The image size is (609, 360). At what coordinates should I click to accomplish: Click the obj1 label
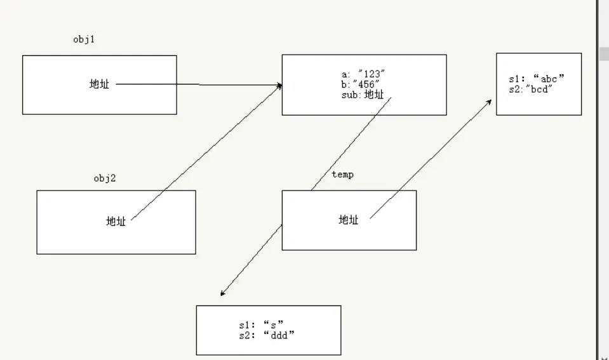84,39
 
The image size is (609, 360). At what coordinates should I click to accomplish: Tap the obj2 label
105,178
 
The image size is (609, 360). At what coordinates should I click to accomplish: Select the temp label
342,175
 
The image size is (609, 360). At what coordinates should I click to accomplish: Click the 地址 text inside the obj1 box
99,84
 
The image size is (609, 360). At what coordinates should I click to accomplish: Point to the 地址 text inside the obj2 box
116,222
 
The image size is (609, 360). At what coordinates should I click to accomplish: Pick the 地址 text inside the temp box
348,220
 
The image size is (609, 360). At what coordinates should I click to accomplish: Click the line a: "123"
363,74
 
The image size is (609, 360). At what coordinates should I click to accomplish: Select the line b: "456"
361,84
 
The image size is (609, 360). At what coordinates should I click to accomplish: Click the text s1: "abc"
537,79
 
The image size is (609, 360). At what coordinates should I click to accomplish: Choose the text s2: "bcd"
531,90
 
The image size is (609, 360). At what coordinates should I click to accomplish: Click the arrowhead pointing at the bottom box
222,294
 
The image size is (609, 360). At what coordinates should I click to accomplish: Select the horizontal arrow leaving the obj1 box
197,84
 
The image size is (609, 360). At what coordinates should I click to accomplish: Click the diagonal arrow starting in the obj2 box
203,152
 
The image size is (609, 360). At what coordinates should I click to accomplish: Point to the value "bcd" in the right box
540,90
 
